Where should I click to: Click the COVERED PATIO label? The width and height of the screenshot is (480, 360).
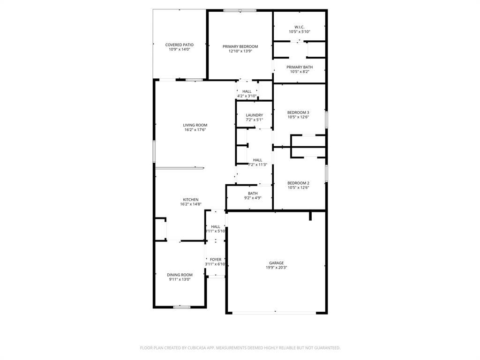179,45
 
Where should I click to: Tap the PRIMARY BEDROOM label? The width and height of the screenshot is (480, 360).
240,46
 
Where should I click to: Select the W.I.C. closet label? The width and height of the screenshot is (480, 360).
299,27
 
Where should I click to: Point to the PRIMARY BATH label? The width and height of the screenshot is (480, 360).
300,67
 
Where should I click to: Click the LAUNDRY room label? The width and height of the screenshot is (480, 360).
254,115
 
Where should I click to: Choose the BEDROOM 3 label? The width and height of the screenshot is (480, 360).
298,112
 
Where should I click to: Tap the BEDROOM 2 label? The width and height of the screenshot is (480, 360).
298,183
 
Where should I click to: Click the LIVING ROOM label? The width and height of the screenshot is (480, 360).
195,125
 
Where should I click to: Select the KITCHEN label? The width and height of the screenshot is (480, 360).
191,200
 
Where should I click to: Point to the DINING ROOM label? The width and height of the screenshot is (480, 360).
180,275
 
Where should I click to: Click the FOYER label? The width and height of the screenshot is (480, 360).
216,259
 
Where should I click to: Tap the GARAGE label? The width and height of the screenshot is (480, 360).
276,263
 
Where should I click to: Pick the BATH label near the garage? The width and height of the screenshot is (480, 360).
253,193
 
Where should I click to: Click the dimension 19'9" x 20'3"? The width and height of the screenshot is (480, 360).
276,268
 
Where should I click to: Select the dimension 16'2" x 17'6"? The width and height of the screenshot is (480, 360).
195,130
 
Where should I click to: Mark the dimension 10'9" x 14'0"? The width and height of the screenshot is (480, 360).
179,49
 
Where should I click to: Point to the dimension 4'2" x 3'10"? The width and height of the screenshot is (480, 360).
247,96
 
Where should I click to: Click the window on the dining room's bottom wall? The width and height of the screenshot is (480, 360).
182,307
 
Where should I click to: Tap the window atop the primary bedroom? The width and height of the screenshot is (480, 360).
240,10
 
